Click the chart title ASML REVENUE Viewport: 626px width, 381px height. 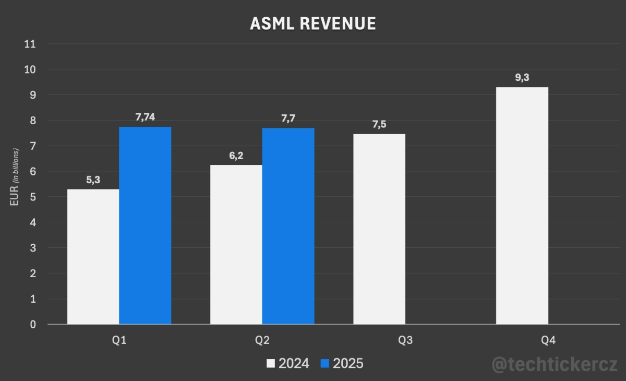point(313,23)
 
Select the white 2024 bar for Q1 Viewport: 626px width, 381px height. point(93,256)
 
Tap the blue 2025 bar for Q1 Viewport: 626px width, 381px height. point(145,225)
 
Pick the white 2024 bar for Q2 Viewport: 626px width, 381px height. point(236,244)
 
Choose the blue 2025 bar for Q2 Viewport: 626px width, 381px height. point(288,226)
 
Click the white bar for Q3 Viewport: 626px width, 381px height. point(379,229)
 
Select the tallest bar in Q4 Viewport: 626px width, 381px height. point(522,206)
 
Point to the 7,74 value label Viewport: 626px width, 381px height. point(145,117)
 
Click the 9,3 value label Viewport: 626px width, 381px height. point(522,78)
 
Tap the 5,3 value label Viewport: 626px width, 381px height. point(93,180)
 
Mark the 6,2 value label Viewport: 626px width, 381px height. point(236,156)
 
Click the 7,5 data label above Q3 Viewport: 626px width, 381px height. point(379,125)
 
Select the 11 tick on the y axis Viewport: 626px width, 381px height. point(30,44)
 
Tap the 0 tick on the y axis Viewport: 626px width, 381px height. point(33,325)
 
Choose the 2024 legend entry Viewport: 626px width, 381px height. point(288,363)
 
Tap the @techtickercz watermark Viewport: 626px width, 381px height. point(555,363)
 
